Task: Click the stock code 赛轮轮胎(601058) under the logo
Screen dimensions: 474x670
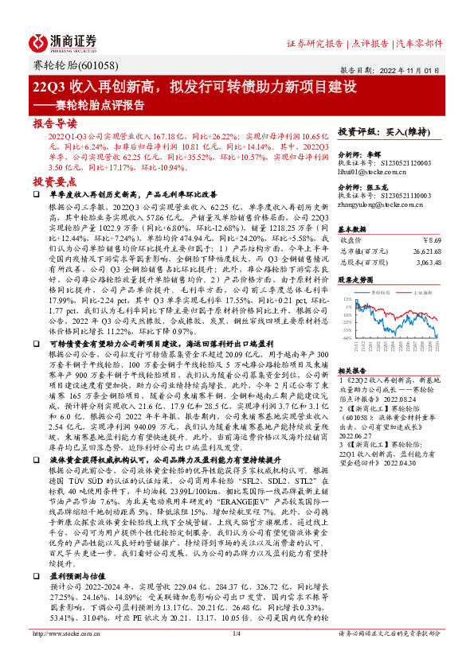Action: coord(67,65)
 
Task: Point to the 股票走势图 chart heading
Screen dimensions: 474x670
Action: coord(355,280)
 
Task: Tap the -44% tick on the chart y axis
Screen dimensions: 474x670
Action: coord(347,338)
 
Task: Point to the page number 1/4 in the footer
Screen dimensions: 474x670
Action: coord(237,656)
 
